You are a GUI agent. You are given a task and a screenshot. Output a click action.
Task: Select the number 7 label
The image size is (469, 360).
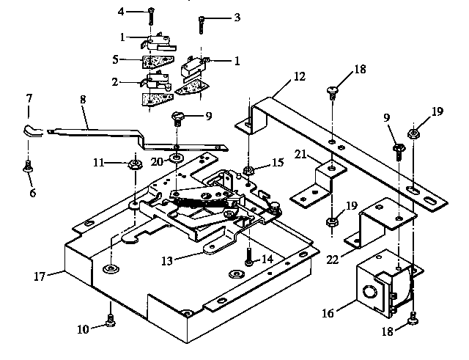coord(29,98)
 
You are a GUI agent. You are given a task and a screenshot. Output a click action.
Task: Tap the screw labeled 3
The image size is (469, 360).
coord(201,26)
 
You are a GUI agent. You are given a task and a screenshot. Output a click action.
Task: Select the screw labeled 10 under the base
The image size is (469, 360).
coord(111,320)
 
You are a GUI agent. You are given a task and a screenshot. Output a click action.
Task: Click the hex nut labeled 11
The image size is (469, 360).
coord(135,163)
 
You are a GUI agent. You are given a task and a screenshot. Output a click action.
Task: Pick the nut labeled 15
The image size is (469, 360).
coord(249,172)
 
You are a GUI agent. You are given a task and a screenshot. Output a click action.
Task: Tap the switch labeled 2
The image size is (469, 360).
coord(157,78)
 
